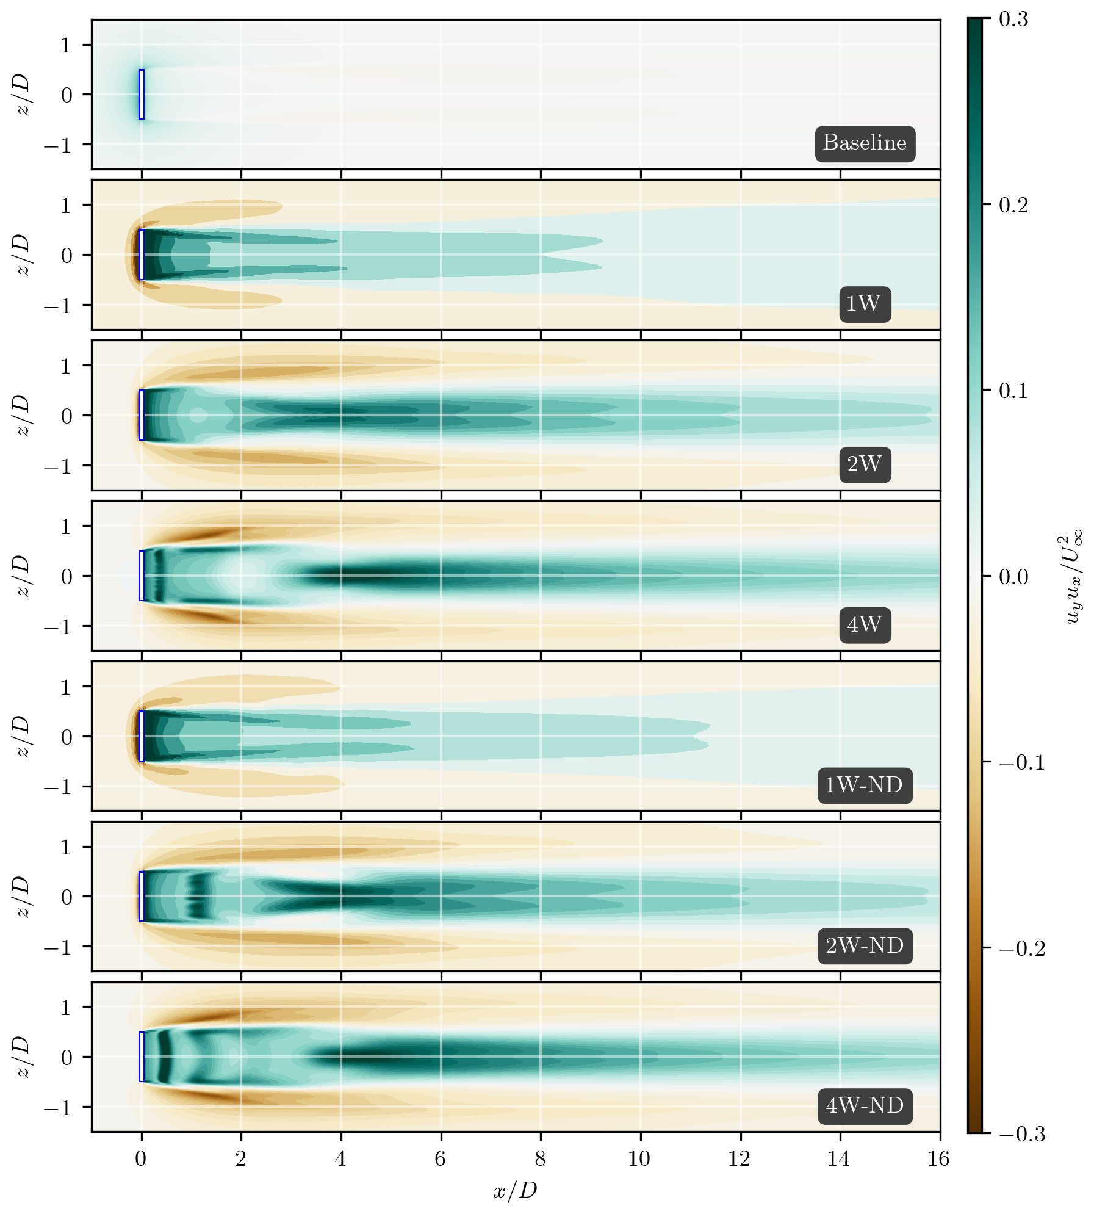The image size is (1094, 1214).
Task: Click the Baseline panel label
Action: click(865, 143)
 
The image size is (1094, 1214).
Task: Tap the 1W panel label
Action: click(865, 303)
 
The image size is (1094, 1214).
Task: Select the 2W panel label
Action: click(865, 464)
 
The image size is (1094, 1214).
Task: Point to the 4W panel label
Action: click(865, 624)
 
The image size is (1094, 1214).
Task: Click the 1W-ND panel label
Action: click(865, 785)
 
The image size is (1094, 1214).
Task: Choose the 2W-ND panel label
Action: click(865, 945)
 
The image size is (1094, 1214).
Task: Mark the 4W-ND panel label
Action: click(865, 1105)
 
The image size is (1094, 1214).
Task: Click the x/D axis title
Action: click(516, 1190)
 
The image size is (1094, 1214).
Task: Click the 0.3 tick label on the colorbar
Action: click(1013, 20)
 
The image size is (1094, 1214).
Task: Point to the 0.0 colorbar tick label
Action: click(1013, 577)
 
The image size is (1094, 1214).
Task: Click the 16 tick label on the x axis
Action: click(939, 1158)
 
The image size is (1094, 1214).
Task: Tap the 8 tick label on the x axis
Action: click(540, 1158)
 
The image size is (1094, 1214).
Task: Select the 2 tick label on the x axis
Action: click(241, 1158)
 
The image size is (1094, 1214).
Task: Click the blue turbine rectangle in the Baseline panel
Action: click(142, 95)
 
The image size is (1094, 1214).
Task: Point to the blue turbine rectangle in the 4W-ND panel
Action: click(142, 1057)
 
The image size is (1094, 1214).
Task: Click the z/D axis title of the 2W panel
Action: click(22, 415)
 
